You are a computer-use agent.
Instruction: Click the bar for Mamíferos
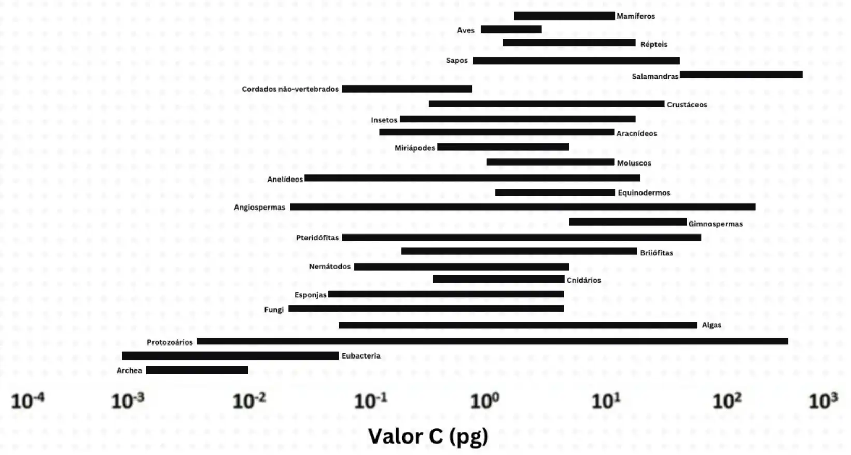(x=564, y=16)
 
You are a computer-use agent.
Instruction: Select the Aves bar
(x=511, y=30)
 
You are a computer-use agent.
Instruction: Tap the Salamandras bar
(x=741, y=75)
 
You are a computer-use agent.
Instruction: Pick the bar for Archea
(x=197, y=370)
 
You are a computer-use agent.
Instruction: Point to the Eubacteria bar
(x=230, y=356)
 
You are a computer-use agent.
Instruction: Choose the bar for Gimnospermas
(x=627, y=222)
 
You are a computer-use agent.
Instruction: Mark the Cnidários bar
(x=498, y=279)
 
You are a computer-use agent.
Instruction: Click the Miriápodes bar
(x=503, y=147)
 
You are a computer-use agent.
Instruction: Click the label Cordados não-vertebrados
(x=290, y=89)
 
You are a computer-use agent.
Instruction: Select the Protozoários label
(x=170, y=342)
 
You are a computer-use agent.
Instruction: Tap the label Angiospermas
(x=259, y=208)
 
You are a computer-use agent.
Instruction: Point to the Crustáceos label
(x=687, y=105)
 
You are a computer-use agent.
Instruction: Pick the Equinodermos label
(x=644, y=193)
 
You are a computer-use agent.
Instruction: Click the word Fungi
(x=274, y=310)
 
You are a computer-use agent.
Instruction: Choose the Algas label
(x=712, y=325)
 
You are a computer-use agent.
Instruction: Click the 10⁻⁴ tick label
(x=28, y=401)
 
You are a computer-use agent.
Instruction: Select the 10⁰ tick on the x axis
(x=484, y=401)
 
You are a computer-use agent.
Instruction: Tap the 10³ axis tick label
(x=823, y=401)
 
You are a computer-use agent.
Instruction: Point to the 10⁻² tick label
(x=249, y=401)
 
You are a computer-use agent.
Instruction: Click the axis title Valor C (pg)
(x=428, y=436)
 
